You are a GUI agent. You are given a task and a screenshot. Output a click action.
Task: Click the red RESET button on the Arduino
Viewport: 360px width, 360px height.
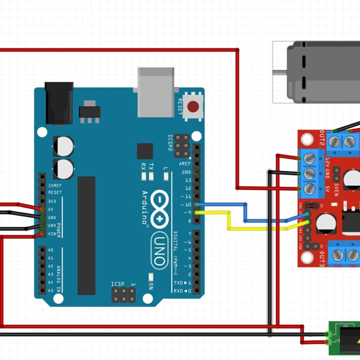coord(193,107)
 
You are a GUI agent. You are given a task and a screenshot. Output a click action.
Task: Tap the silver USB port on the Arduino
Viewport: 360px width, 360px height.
coord(156,92)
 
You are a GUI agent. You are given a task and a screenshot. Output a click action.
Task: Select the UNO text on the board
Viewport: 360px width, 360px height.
coord(159,250)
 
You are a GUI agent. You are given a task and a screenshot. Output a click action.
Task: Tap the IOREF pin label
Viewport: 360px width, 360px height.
coord(55,185)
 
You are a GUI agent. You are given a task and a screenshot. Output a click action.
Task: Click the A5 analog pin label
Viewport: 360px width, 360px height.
coord(51,290)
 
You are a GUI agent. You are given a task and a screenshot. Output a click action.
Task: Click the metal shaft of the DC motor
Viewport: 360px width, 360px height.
coord(280,72)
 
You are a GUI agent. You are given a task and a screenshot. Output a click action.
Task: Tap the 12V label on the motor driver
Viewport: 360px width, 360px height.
coord(328,163)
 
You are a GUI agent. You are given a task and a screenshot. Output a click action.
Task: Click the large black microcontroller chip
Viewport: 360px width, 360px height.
coord(86,236)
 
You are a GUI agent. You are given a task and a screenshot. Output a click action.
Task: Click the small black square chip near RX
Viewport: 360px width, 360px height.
coord(145,151)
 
